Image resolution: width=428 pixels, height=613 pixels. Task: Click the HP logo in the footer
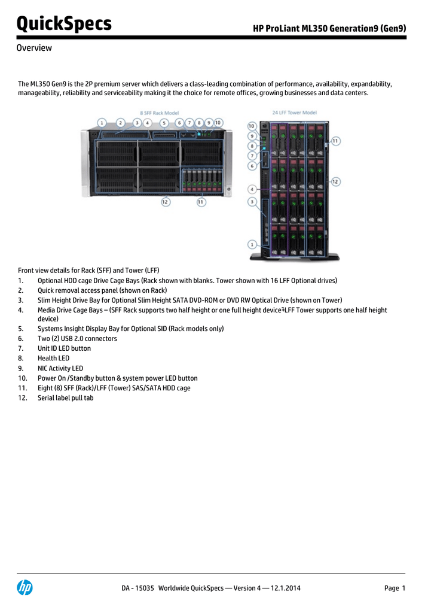(25, 588)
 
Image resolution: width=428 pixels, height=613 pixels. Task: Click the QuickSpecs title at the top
(64, 24)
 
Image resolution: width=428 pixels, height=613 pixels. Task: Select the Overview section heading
(34, 48)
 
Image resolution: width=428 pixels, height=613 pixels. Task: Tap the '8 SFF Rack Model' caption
(160, 113)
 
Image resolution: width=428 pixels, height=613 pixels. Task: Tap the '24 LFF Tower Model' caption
(294, 113)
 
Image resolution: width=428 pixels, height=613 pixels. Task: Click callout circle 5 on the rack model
(163, 123)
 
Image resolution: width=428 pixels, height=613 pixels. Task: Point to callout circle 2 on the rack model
(120, 123)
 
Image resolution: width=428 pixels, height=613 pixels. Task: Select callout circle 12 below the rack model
(165, 202)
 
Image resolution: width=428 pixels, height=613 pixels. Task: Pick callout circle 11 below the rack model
(201, 202)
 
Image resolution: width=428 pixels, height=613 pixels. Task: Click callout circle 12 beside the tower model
(335, 181)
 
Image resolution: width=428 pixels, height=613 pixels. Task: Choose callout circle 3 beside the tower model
(252, 202)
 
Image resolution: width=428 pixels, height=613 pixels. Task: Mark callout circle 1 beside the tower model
(252, 244)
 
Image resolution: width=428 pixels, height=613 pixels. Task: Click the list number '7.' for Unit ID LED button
(21, 348)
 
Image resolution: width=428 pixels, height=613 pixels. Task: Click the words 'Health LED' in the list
(53, 358)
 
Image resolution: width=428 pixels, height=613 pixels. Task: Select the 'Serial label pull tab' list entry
(65, 397)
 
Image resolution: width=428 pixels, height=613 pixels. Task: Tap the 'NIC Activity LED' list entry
(60, 368)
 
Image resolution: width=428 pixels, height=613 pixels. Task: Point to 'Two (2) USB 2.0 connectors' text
(77, 339)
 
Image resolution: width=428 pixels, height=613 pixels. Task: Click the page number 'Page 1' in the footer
(395, 588)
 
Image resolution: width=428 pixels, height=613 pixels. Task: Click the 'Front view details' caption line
(88, 271)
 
